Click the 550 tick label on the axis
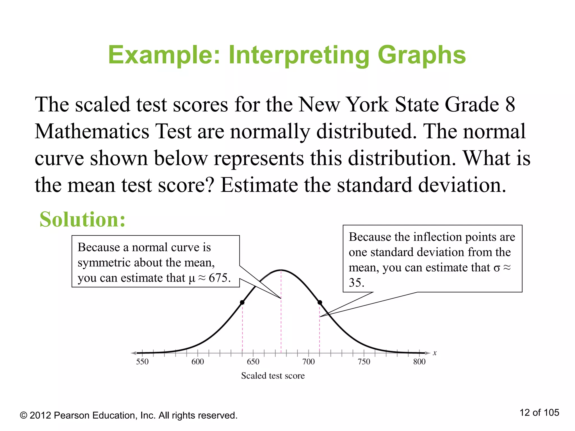(142, 361)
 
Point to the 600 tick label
(198, 361)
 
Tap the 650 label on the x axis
(253, 361)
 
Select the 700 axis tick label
(308, 361)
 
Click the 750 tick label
(364, 361)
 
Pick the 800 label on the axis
(419, 361)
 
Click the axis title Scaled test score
(273, 375)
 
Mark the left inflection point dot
(242, 302)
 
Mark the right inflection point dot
(320, 302)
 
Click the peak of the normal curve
(281, 270)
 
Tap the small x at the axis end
(435, 353)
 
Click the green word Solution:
(83, 219)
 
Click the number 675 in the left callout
(218, 278)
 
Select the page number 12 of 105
(539, 412)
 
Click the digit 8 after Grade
(510, 104)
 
